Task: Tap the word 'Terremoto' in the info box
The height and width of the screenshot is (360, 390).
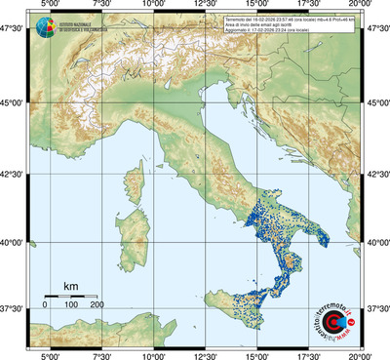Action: [x=237, y=19]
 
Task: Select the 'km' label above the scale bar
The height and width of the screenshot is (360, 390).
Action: [x=70, y=285]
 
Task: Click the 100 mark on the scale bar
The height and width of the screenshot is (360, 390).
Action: [x=70, y=305]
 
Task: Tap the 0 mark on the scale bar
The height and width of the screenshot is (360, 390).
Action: [x=45, y=305]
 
